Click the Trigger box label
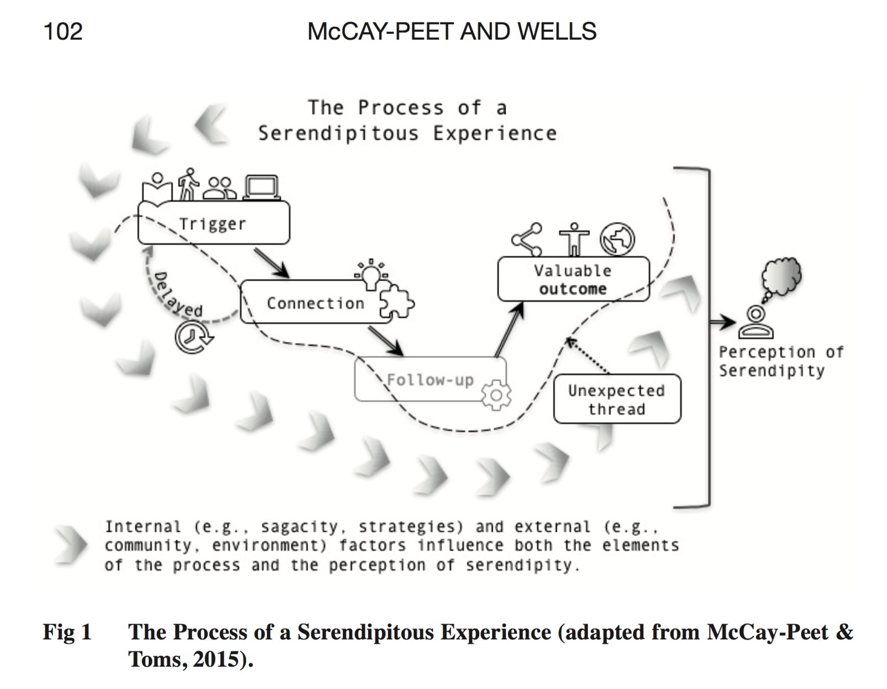(212, 224)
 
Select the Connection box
(315, 303)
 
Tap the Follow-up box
(430, 379)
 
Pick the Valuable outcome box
(573, 279)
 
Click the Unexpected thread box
(616, 399)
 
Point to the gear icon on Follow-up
(496, 395)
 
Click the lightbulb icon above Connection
(371, 276)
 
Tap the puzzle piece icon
(397, 302)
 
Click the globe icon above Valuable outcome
(617, 239)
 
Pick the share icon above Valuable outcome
(528, 239)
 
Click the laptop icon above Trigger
(262, 187)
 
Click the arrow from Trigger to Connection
(272, 263)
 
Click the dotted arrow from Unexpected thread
(588, 355)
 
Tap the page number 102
(63, 32)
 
